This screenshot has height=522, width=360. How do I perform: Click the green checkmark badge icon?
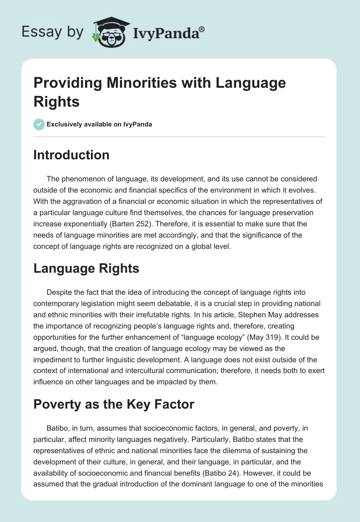pyautogui.click(x=39, y=124)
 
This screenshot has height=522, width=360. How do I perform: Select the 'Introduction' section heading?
pyautogui.click(x=72, y=155)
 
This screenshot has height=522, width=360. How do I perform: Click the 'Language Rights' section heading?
pyautogui.click(x=86, y=268)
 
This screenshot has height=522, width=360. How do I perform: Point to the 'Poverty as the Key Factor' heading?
pyautogui.click(x=114, y=404)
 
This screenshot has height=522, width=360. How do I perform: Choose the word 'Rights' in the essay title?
pyautogui.click(x=57, y=102)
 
